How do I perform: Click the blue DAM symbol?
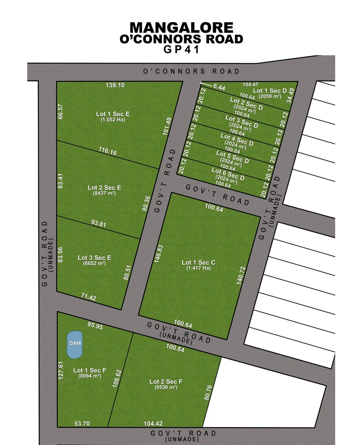coord(75,344)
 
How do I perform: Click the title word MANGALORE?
coord(182,28)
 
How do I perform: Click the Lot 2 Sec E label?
coord(104,187)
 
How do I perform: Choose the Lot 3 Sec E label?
coord(94,258)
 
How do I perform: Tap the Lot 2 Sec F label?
coord(166,382)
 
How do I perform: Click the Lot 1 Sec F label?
coord(89,370)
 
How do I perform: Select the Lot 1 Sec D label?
coord(269,91)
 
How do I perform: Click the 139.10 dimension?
coord(115,85)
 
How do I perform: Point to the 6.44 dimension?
coord(220,87)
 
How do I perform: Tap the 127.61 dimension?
coord(61,370)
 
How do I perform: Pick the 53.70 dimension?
coord(82,423)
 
